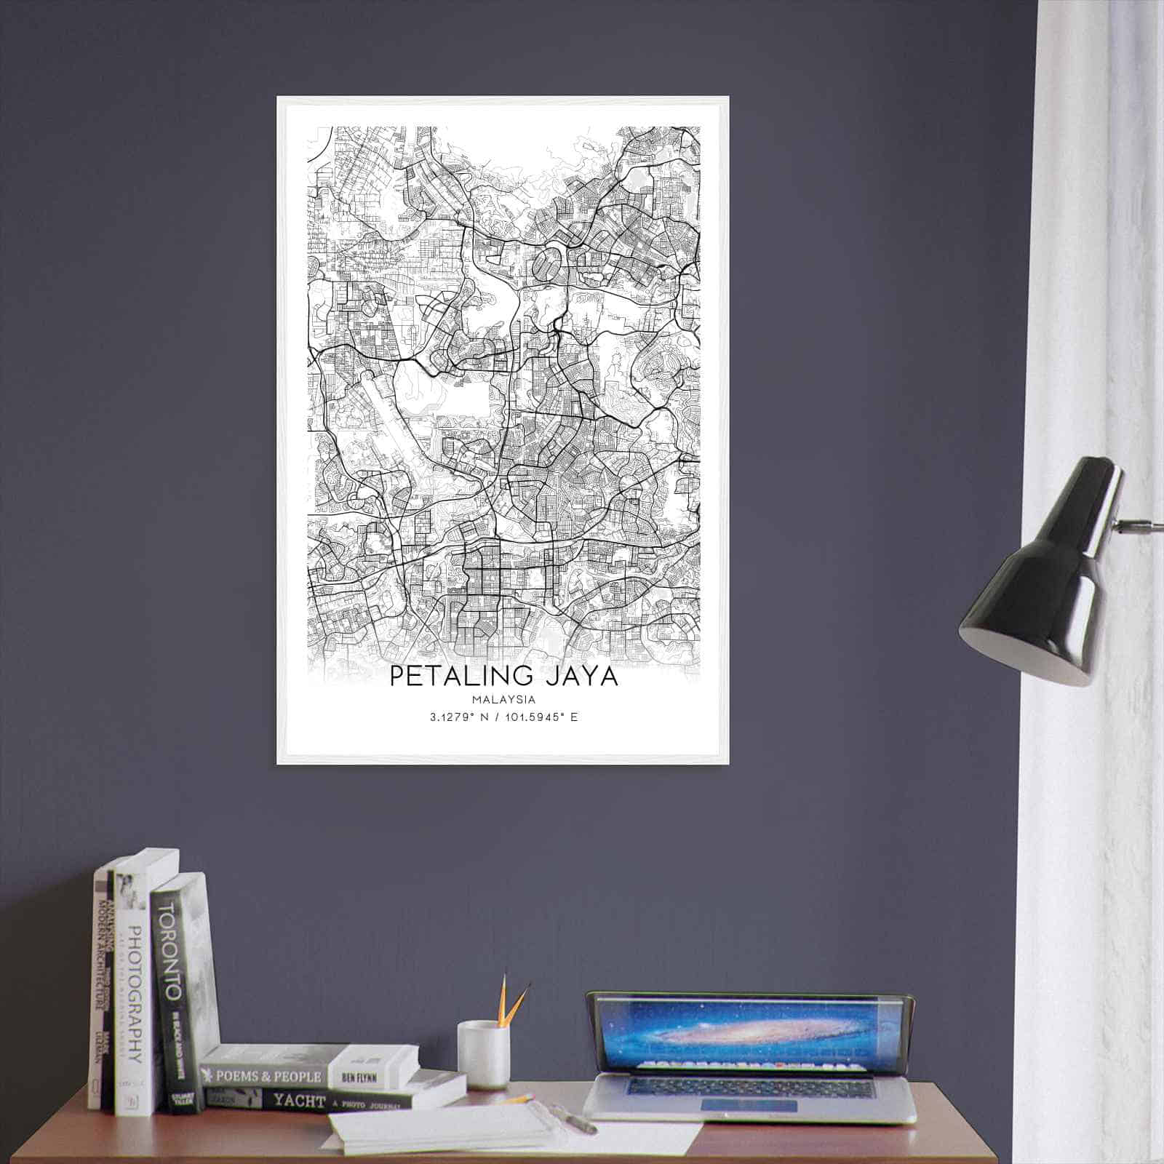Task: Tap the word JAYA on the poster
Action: click(x=580, y=676)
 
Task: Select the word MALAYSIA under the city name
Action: click(x=503, y=700)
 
